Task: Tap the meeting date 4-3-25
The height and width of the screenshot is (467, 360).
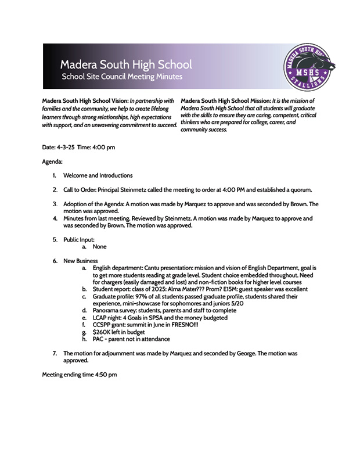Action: coord(66,147)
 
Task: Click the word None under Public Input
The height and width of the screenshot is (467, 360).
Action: coord(99,247)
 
